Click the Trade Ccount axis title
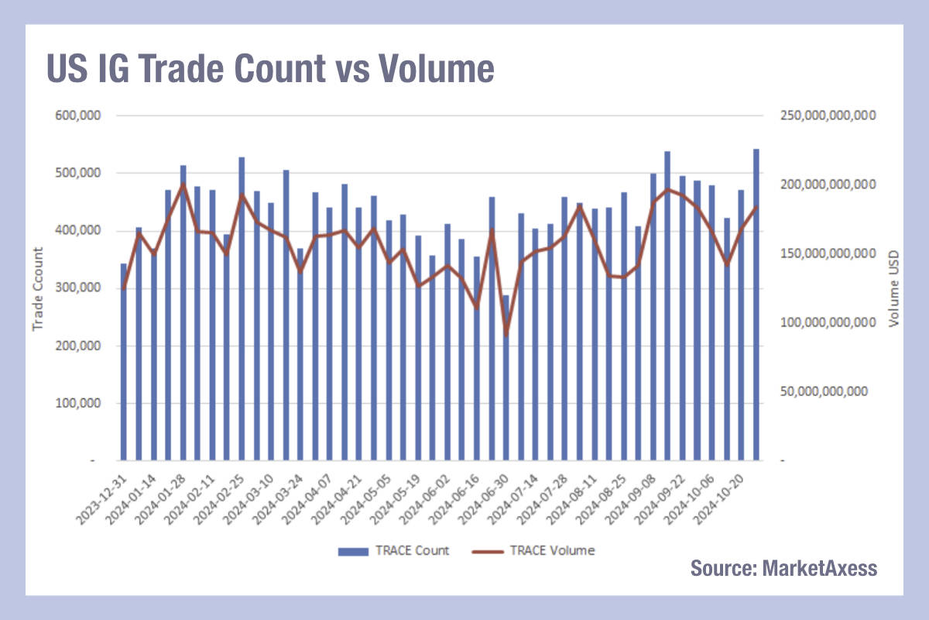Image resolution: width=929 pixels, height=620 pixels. [x=36, y=288]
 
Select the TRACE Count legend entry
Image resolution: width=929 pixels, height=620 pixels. [x=393, y=550]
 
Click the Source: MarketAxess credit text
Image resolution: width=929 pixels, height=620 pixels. [x=783, y=568]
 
